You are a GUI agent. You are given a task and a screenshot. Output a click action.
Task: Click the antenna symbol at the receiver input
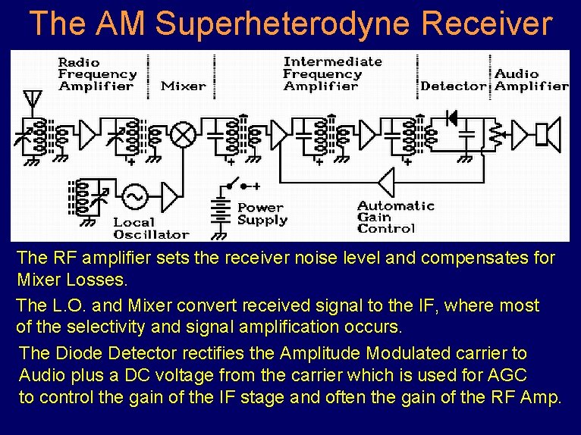[x=32, y=99]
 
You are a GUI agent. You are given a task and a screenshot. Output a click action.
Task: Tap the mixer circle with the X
[x=182, y=134]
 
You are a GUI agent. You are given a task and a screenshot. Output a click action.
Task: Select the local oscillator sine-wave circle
[x=135, y=196]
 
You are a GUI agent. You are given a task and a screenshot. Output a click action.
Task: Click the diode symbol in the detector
[x=452, y=117]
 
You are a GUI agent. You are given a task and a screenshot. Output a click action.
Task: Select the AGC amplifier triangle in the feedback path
[x=388, y=183]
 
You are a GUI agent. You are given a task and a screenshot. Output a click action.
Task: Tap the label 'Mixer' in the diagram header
[x=184, y=86]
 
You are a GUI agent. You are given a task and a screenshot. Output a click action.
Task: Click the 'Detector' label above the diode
[x=453, y=86]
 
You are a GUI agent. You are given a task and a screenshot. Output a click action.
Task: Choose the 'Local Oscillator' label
[x=151, y=228]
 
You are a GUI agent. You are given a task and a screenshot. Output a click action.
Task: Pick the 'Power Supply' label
[x=262, y=214]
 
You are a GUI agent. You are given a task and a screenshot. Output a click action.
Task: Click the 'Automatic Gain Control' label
[x=396, y=217]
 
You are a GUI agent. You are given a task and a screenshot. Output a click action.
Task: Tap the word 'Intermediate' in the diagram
[x=332, y=61]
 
